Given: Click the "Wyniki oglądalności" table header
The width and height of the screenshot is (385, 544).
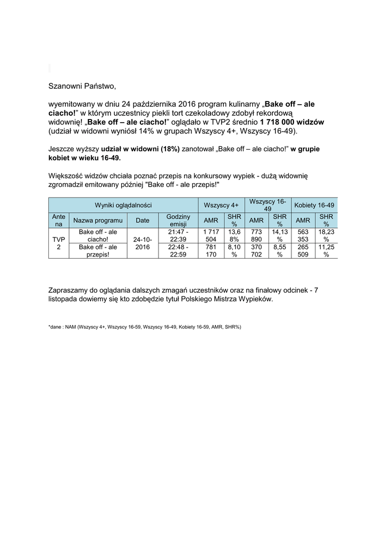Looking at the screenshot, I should tap(123, 205).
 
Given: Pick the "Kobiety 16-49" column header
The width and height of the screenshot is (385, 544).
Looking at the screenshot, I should tap(314, 205).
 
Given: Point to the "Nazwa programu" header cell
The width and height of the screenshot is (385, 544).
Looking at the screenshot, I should tap(98, 220).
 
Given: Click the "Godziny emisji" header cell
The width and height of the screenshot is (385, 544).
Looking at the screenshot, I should tap(179, 220).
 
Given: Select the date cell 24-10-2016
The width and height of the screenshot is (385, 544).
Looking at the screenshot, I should tap(143, 243).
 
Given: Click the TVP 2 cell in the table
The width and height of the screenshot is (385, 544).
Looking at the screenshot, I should tap(58, 243).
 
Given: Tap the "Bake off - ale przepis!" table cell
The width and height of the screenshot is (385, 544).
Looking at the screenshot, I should tap(98, 251).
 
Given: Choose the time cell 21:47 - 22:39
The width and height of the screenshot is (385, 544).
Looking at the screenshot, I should tap(179, 236).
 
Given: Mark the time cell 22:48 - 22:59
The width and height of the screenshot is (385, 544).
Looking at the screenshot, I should tap(179, 251).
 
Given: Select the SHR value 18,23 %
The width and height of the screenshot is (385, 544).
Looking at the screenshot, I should tap(326, 236).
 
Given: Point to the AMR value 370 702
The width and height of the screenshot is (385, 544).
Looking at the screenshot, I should tap(257, 251).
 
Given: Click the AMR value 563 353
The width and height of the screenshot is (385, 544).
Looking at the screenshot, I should tap(303, 236).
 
